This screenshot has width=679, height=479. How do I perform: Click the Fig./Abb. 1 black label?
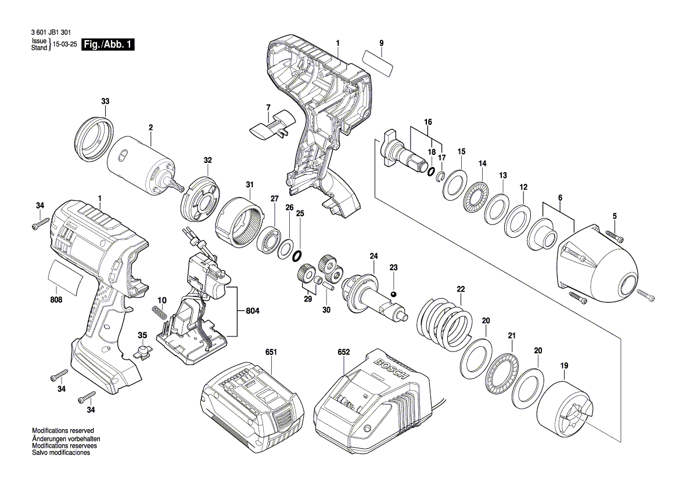(x=109, y=45)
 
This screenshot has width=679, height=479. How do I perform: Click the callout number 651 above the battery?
(x=271, y=353)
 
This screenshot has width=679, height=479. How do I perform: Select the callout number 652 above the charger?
(x=344, y=353)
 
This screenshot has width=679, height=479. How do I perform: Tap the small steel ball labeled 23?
(x=393, y=295)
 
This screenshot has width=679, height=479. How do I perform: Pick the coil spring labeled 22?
(x=445, y=325)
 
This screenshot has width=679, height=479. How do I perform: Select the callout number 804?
(x=252, y=311)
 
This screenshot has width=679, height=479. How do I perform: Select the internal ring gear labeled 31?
(x=239, y=224)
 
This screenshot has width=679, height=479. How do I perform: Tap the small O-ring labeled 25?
(x=297, y=255)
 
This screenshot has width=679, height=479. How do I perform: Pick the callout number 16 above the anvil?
(x=428, y=122)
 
